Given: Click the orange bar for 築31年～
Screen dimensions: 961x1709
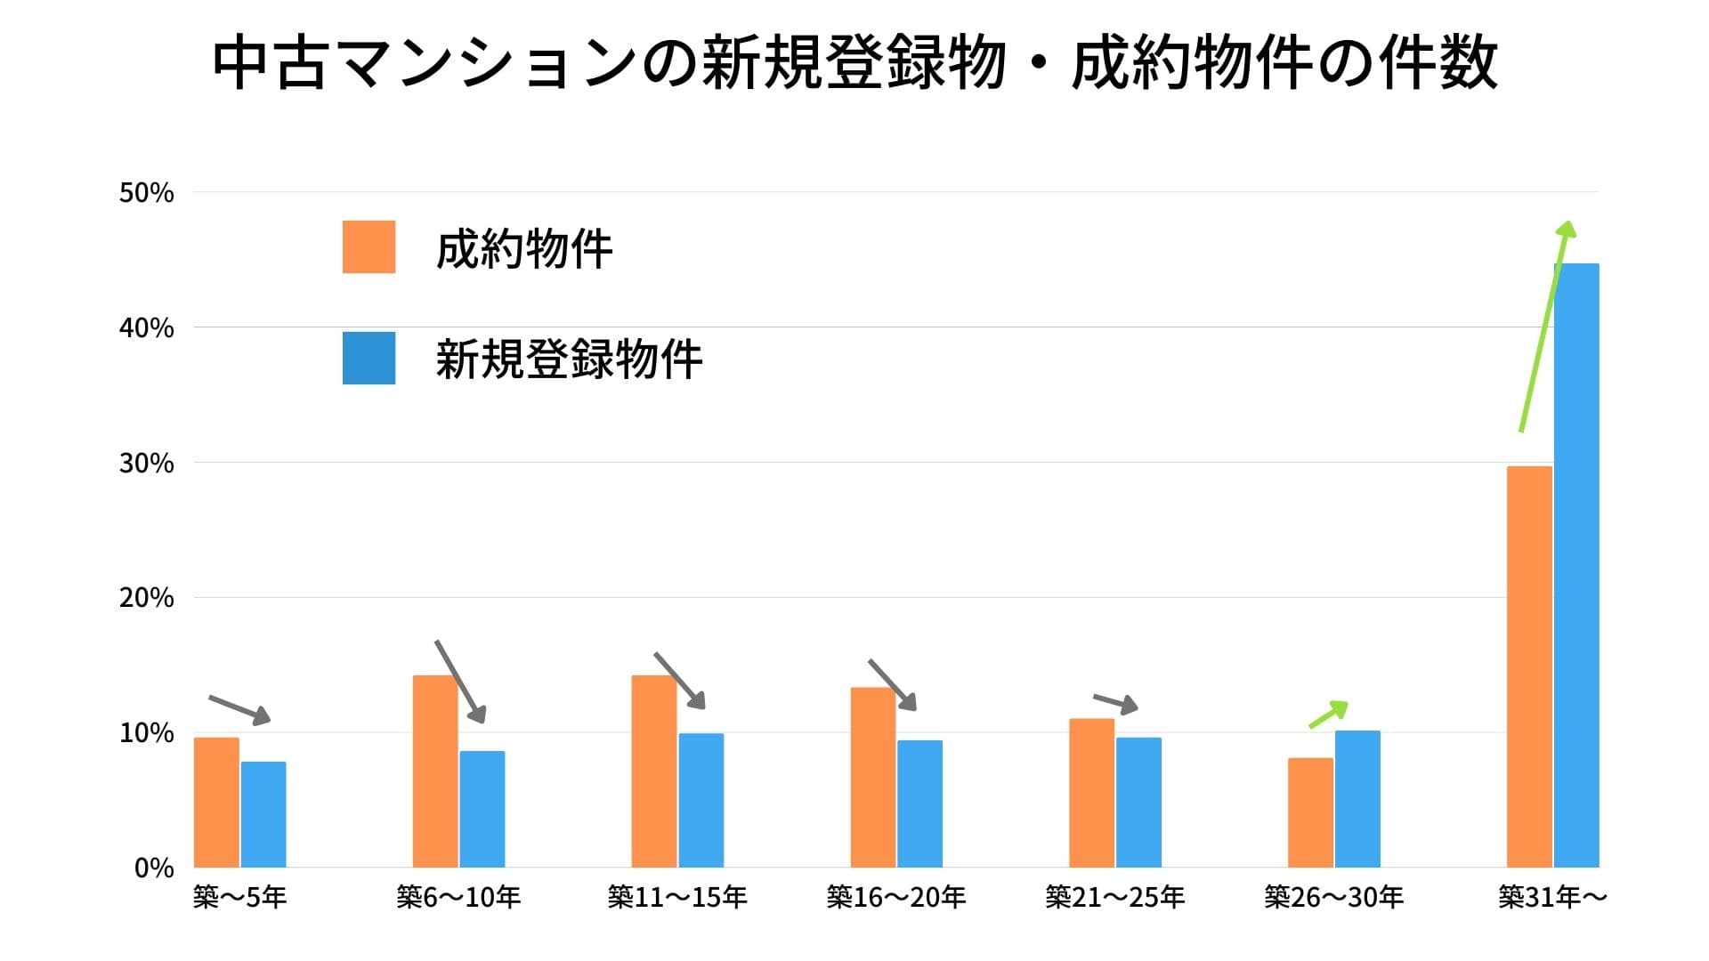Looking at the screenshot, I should click(1529, 666).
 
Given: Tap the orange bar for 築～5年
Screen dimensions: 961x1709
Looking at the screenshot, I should click(216, 802).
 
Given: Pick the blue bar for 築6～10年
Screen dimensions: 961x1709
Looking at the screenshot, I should click(482, 809).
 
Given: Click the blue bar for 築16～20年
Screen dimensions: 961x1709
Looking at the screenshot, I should click(919, 804).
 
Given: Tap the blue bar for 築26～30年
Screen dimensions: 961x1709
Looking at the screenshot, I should click(1357, 798).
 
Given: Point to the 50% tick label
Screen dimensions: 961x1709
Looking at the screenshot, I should click(147, 193).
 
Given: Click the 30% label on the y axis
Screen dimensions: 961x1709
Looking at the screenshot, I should click(147, 464).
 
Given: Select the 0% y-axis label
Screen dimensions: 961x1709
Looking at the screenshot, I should click(154, 868).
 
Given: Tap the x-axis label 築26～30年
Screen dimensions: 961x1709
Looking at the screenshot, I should click(1333, 897).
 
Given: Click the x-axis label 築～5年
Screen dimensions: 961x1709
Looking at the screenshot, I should click(239, 897).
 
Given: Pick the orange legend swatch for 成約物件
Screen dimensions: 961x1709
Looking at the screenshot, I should click(369, 246).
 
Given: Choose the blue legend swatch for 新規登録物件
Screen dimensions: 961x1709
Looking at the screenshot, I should click(369, 358).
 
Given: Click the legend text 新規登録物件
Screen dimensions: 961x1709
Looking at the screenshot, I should click(569, 359).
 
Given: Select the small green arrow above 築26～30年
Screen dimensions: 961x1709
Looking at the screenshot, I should click(1328, 715).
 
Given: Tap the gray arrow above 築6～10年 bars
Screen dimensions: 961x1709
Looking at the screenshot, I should click(460, 682).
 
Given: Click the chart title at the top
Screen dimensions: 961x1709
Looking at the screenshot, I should click(854, 64).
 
